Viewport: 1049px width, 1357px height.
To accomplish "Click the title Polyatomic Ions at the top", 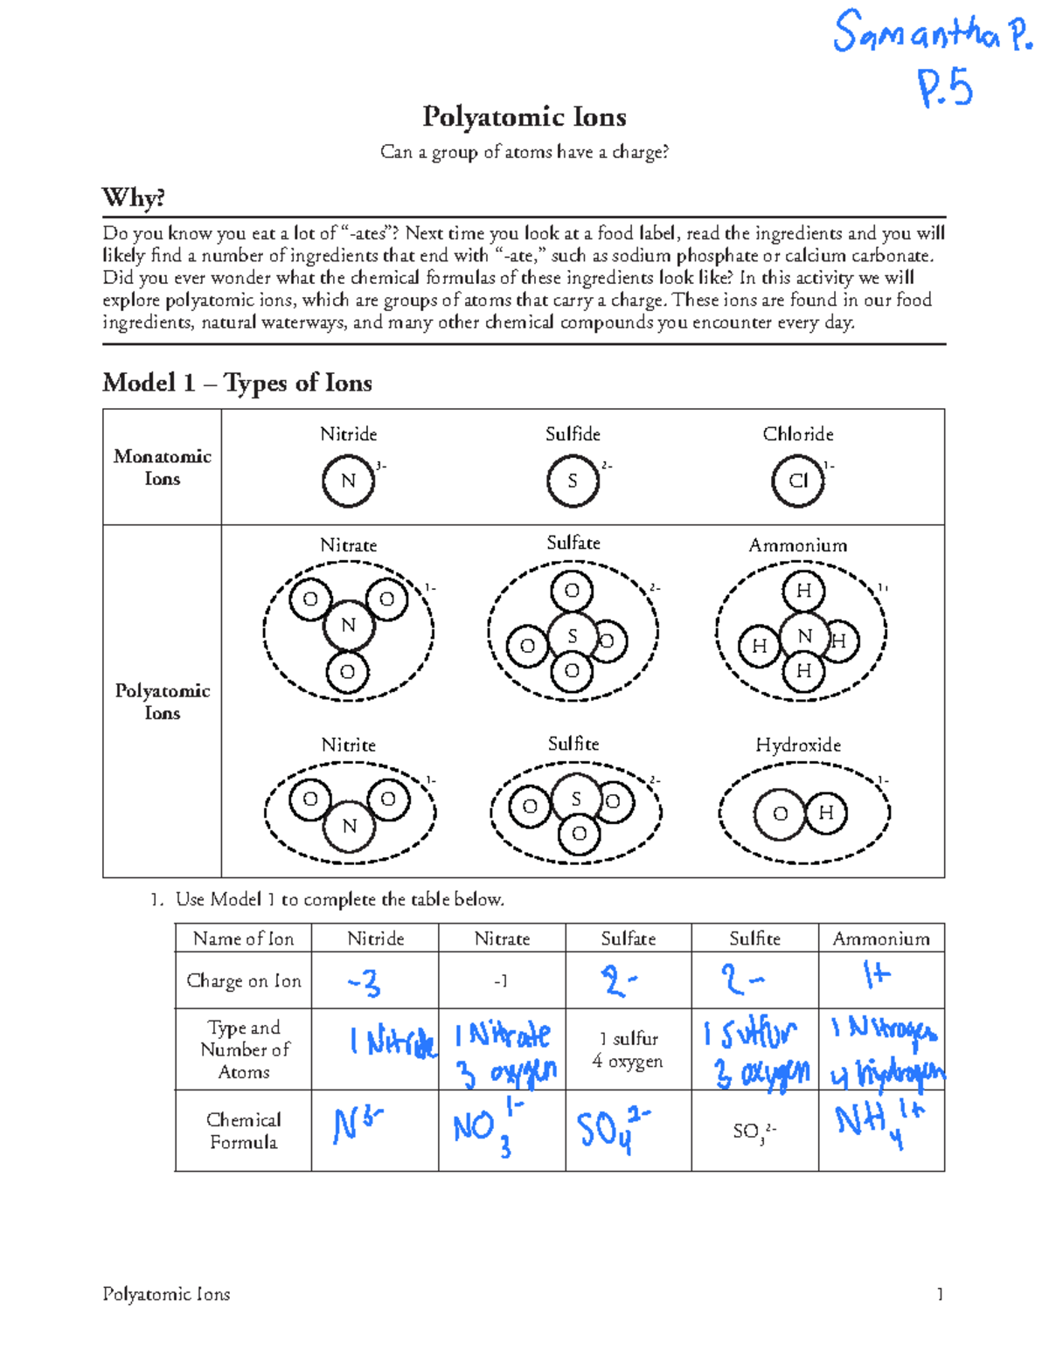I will click(524, 116).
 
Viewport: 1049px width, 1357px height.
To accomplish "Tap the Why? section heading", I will click(133, 197).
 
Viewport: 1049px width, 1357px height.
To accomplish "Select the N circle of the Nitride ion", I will click(348, 481).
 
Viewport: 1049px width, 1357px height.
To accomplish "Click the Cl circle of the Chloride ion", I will click(797, 481).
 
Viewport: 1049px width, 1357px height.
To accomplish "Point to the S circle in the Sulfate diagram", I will click(573, 636).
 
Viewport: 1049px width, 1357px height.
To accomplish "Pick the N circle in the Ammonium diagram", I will click(805, 636).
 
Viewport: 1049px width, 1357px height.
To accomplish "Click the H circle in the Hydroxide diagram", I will click(826, 814).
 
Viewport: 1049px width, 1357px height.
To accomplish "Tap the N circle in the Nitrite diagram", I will click(349, 826).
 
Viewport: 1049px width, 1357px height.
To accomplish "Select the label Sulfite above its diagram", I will click(573, 744).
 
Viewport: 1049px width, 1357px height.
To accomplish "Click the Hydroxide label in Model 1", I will click(798, 744).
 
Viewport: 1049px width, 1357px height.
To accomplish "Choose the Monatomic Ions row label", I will click(163, 467).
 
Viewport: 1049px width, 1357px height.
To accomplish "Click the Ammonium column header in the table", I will click(881, 938).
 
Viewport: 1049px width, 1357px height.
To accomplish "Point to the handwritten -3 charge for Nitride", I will click(365, 983).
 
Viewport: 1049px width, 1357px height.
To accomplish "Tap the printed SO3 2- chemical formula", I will click(754, 1132).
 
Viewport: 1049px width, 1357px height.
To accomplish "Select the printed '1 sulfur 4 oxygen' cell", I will click(628, 1049).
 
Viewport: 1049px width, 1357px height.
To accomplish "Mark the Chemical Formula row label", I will click(243, 1131).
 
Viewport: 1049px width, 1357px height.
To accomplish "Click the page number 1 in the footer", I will click(940, 1294).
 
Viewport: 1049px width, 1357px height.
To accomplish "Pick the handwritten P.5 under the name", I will click(945, 88).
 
